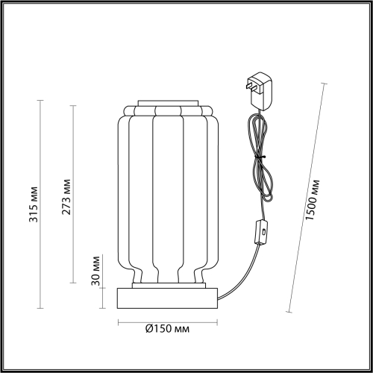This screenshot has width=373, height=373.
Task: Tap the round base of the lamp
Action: [168, 298]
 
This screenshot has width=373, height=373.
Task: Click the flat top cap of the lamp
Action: [168, 103]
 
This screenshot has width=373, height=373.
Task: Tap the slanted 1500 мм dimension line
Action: [305, 198]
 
